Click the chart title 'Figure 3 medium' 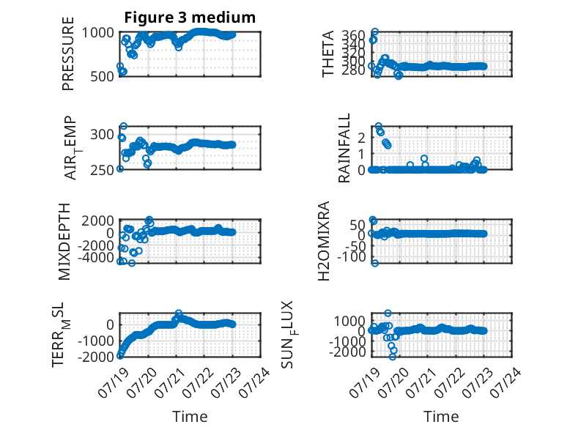pyautogui.click(x=190, y=18)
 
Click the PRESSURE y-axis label pyautogui.click(x=68, y=53)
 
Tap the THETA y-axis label pyautogui.click(x=328, y=53)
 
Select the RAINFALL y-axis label pyautogui.click(x=344, y=148)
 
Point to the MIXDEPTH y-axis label pyautogui.click(x=64, y=242)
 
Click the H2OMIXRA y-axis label pyautogui.click(x=324, y=241)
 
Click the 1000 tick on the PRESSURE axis pyautogui.click(x=97, y=33)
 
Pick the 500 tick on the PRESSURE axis pyautogui.click(x=102, y=76)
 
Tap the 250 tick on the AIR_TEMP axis pyautogui.click(x=102, y=170)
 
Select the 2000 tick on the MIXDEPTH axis pyautogui.click(x=97, y=220)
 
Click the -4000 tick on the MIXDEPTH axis pyautogui.click(x=95, y=257)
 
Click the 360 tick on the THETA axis pyautogui.click(x=353, y=35)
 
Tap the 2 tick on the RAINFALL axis pyautogui.click(x=361, y=138)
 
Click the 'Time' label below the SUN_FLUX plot pyautogui.click(x=441, y=416)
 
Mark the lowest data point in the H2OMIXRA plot pyautogui.click(x=375, y=263)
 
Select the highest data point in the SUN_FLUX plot pyautogui.click(x=388, y=313)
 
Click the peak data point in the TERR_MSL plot pyautogui.click(x=179, y=313)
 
